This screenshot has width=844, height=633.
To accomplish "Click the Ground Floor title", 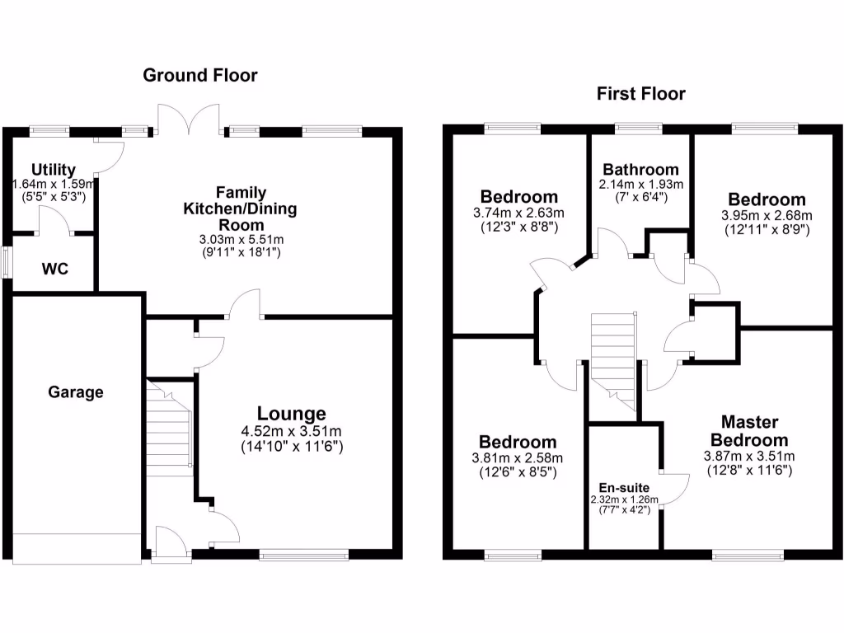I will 200,75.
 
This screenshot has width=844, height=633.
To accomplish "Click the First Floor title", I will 640,94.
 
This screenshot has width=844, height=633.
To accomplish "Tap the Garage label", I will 75,392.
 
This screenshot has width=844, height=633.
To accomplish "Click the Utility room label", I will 54,171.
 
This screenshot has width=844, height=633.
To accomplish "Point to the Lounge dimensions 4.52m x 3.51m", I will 292,431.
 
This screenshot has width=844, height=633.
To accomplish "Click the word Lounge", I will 292,414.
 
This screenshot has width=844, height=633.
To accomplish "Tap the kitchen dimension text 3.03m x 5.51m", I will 241,240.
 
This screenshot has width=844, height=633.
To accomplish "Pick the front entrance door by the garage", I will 170,543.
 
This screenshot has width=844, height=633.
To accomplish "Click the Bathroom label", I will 640,169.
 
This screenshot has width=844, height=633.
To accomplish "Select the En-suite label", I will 624,488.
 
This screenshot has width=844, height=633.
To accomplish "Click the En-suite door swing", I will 675,488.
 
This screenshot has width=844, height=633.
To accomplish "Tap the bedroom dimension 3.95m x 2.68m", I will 767,216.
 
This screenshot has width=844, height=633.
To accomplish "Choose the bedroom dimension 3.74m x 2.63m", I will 519,213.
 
